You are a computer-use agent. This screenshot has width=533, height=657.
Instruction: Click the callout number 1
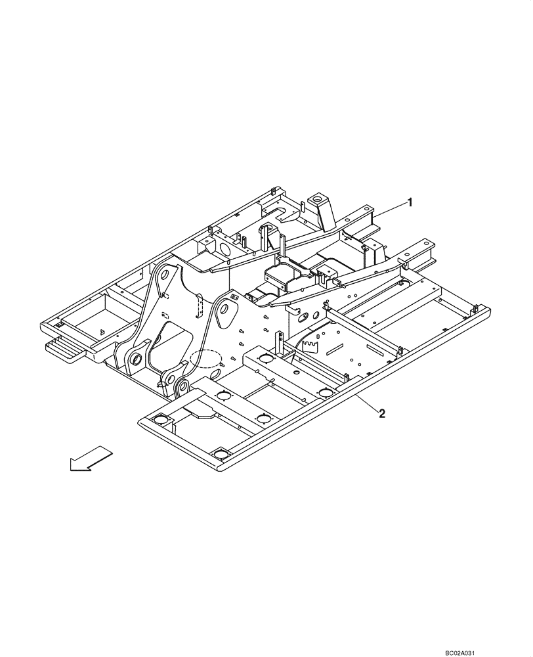(411, 202)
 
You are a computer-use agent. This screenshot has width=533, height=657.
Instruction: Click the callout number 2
(381, 413)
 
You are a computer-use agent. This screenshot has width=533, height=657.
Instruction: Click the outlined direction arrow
(91, 458)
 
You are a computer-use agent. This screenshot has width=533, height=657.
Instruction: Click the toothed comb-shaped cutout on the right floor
(316, 345)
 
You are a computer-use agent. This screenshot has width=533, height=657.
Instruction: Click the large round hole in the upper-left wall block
(223, 249)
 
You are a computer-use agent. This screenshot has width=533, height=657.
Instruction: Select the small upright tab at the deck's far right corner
(474, 307)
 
